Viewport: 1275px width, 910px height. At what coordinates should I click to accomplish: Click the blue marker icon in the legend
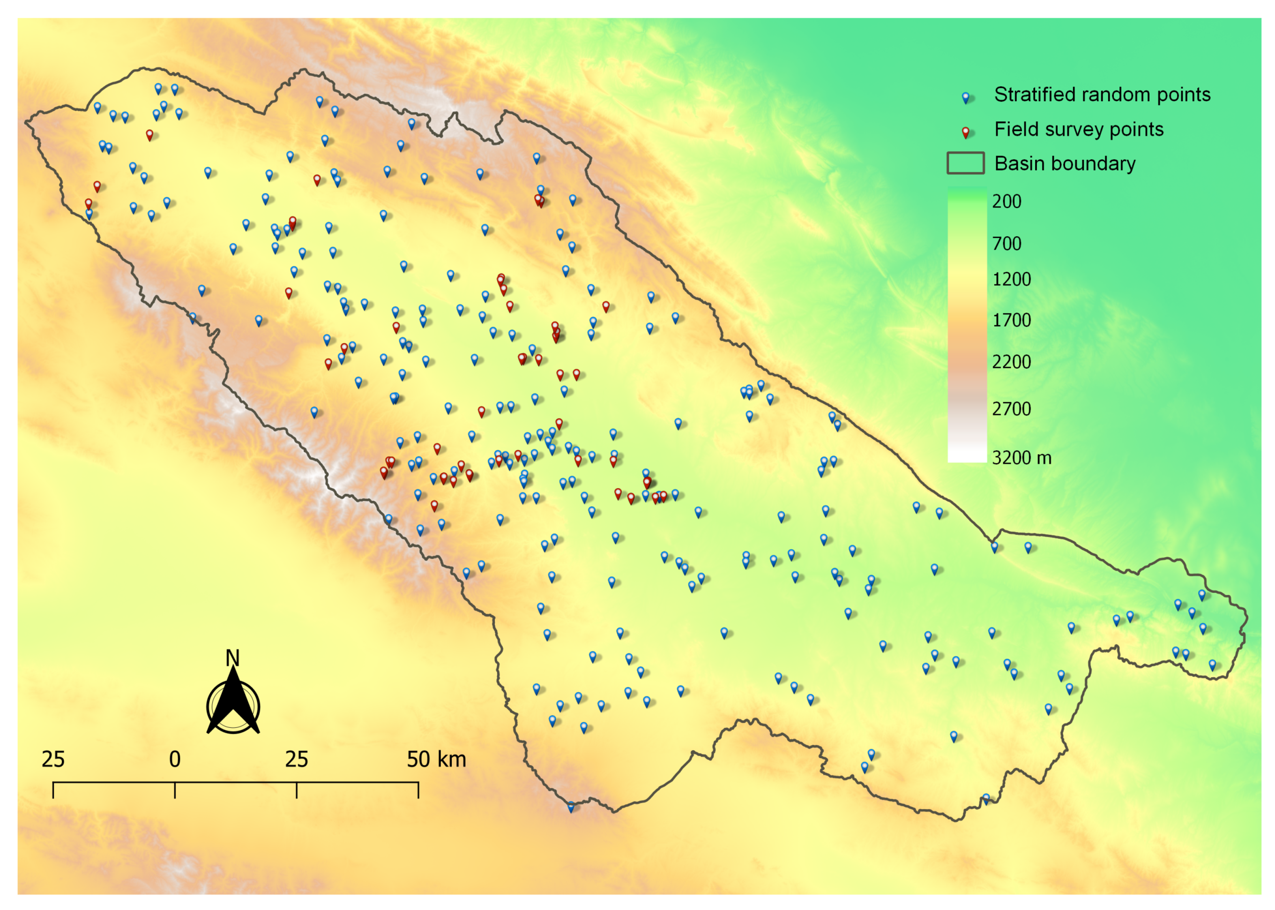(965, 97)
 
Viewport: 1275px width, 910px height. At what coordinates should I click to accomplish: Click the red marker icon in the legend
(965, 132)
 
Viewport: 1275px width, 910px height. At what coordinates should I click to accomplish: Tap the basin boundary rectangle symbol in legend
(965, 163)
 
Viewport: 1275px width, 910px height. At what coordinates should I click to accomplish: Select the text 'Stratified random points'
(1102, 94)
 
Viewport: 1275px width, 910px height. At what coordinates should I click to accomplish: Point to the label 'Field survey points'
(1078, 129)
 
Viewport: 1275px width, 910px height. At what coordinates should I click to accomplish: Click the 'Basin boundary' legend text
(1064, 164)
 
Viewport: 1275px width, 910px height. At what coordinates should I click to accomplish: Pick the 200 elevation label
(1006, 201)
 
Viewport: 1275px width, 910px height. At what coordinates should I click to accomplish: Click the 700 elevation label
(1006, 243)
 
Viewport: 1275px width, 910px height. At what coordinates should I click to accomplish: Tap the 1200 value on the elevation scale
(1011, 279)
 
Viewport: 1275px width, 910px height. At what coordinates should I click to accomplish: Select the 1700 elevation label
(1011, 320)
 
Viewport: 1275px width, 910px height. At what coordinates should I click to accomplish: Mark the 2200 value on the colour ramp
(1011, 361)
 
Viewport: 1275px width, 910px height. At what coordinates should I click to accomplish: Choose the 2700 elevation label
(1011, 409)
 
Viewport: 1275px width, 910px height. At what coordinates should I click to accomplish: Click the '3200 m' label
(1021, 458)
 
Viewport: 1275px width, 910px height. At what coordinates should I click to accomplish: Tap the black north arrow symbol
(233, 703)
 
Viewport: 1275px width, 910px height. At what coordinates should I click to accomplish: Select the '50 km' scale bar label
(436, 759)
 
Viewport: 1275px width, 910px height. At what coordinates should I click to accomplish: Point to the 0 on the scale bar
(175, 759)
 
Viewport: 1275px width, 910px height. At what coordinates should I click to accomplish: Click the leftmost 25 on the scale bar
(53, 759)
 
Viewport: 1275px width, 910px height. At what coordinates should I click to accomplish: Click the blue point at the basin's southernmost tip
(571, 806)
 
